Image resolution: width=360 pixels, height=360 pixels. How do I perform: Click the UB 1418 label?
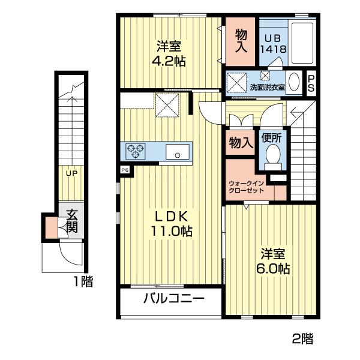pyautogui.click(x=273, y=44)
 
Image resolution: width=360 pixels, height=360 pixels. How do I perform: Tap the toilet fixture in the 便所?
pyautogui.click(x=273, y=157)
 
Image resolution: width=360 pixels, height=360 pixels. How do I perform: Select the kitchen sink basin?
pyautogui.click(x=178, y=152)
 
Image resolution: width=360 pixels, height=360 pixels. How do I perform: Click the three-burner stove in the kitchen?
pyautogui.click(x=136, y=151)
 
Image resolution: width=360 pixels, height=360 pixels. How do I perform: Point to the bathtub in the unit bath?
pyautogui.click(x=302, y=43)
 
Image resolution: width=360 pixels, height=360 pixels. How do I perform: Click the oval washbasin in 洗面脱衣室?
pyautogui.click(x=294, y=82)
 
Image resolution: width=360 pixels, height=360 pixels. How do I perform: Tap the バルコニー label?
pyautogui.click(x=174, y=299)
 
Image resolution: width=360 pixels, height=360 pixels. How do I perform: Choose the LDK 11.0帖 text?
pyautogui.click(x=171, y=224)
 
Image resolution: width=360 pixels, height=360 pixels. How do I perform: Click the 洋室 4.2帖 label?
pyautogui.click(x=169, y=53)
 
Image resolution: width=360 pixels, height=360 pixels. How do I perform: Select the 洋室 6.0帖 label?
pyautogui.click(x=273, y=261)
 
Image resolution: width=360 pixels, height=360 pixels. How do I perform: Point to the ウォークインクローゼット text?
pyautogui.click(x=247, y=187)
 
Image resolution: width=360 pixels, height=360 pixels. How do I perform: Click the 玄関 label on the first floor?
pyautogui.click(x=72, y=221)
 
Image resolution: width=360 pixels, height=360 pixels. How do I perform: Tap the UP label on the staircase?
pyautogui.click(x=71, y=173)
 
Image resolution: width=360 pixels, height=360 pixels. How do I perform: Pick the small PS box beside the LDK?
pyautogui.click(x=125, y=170)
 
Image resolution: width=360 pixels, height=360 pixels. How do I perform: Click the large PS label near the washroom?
pyautogui.click(x=311, y=83)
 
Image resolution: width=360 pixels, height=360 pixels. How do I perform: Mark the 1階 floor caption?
pyautogui.click(x=83, y=282)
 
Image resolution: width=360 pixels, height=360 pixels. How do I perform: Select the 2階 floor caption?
pyautogui.click(x=302, y=338)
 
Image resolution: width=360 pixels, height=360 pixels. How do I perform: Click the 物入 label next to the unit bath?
pyautogui.click(x=241, y=41)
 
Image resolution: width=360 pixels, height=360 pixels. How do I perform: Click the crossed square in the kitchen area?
pyautogui.click(x=167, y=106)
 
